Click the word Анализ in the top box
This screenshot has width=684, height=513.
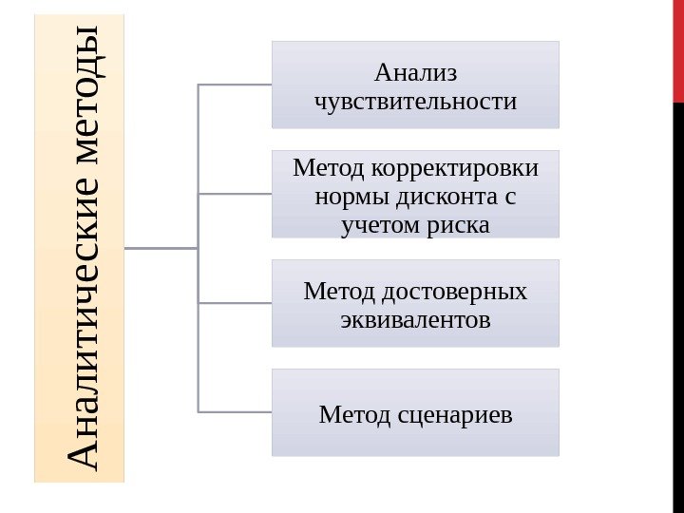coord(415,72)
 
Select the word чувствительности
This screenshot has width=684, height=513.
coord(415,100)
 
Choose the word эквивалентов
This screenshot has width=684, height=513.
coord(415,318)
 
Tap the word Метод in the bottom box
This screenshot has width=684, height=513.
coord(351,414)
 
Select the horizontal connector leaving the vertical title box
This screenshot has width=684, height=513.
coord(161,249)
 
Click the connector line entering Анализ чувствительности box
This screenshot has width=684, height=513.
coord(235,85)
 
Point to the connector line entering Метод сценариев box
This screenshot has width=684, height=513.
coord(235,411)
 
